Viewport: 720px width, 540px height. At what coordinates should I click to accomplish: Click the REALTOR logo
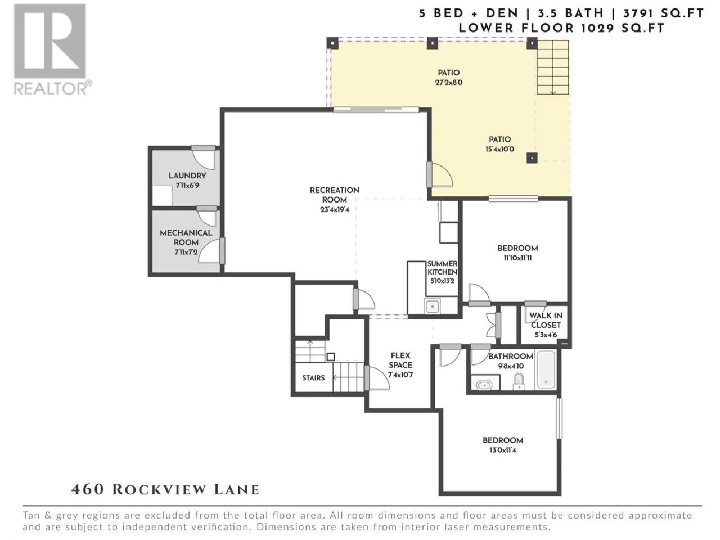52,49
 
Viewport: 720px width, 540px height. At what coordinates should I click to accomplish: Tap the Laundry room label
187,175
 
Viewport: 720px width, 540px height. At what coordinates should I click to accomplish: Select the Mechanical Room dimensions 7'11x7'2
187,252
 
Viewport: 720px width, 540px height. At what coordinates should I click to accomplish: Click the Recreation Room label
335,195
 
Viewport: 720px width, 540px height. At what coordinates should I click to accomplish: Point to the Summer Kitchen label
442,268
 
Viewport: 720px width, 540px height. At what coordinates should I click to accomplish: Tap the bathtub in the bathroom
546,370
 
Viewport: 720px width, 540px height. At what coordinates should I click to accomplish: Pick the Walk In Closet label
546,320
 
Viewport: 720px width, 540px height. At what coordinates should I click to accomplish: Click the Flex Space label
400,361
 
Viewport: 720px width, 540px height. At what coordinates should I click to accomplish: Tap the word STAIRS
313,378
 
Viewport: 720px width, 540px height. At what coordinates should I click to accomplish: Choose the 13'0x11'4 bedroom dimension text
502,450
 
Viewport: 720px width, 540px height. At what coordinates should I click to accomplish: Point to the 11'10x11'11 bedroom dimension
517,258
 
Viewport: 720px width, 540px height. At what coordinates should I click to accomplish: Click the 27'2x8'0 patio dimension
449,82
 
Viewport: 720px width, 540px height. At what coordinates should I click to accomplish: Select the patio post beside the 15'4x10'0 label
532,157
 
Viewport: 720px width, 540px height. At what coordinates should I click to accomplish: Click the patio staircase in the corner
552,67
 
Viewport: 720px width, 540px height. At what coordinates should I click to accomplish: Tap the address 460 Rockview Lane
165,490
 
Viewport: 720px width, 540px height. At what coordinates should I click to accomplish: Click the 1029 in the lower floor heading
597,28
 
